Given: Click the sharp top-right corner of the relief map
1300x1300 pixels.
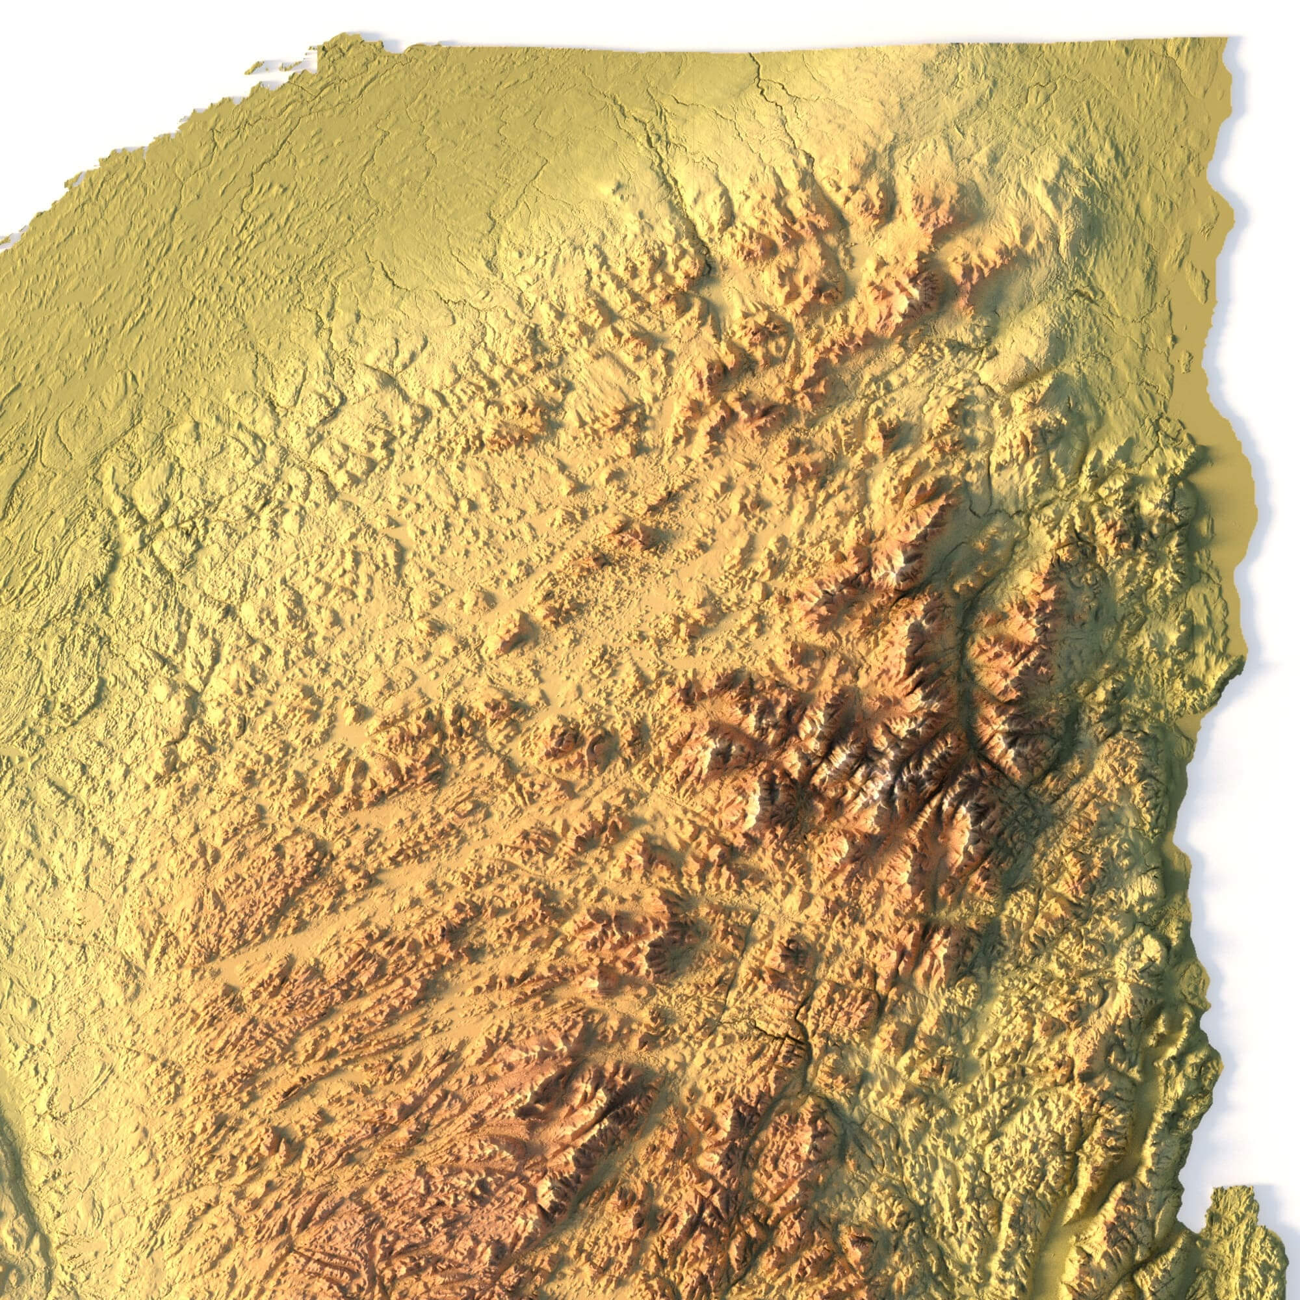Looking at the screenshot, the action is click(1227, 38).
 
